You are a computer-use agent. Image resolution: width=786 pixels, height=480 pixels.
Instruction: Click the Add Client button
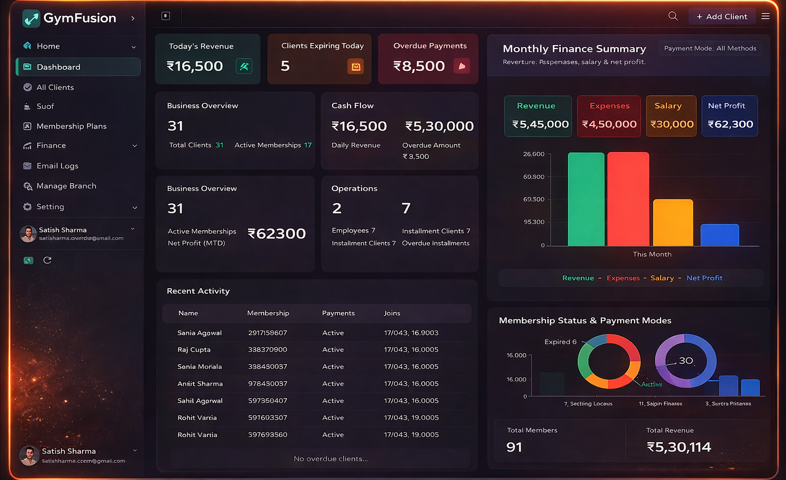(722, 16)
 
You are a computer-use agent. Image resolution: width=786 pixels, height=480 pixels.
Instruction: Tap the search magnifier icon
(673, 16)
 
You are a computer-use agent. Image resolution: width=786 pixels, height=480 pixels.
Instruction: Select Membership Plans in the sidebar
(71, 126)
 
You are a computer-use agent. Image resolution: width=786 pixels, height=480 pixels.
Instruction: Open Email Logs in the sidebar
(57, 166)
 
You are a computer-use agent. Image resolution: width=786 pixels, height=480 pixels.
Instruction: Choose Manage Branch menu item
(66, 186)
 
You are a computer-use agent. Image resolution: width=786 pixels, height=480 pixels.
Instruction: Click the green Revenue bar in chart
(586, 200)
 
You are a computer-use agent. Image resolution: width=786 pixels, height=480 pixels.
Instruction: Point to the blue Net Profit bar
(719, 235)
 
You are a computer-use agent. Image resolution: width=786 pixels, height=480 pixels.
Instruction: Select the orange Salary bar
(673, 223)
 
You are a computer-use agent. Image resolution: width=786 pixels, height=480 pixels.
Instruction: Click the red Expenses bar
(628, 200)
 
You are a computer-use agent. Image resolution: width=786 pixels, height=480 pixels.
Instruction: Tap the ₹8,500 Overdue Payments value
(419, 66)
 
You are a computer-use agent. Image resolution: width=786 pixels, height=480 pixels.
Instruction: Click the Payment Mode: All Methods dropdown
(710, 48)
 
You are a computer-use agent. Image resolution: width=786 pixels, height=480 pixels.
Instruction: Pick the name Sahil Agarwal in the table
(200, 401)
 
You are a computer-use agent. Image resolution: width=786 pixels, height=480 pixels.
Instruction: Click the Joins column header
(392, 313)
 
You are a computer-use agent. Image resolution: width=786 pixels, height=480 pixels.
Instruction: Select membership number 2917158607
(267, 333)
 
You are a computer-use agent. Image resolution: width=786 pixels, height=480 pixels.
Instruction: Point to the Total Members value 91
(514, 447)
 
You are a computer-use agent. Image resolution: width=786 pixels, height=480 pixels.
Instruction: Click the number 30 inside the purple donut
(686, 360)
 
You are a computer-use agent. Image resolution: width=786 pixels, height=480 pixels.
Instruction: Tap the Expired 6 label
(560, 342)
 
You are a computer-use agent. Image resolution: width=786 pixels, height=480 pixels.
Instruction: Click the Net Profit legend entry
(704, 278)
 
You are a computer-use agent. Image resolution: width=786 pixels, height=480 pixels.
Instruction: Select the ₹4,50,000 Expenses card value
(609, 124)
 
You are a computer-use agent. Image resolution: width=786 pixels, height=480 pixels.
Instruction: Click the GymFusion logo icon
(31, 18)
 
